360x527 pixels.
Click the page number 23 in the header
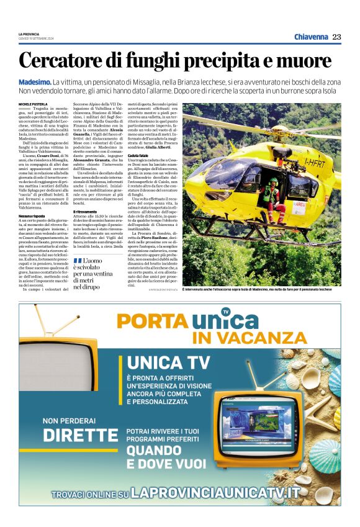(x=336, y=37)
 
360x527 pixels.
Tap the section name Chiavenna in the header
(x=311, y=37)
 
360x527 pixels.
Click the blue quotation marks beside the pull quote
(x=78, y=259)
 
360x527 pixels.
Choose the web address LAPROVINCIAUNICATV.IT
(x=215, y=493)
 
